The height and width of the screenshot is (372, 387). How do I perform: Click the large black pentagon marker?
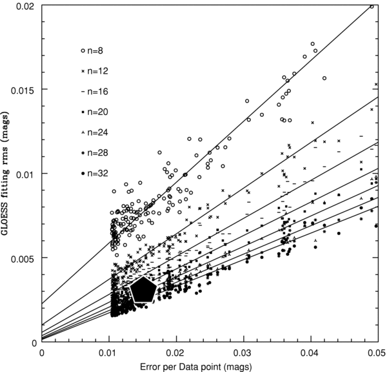coord(143,290)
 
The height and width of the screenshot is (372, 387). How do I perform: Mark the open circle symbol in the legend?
coord(83,50)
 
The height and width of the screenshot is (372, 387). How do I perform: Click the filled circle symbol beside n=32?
coord(83,174)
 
